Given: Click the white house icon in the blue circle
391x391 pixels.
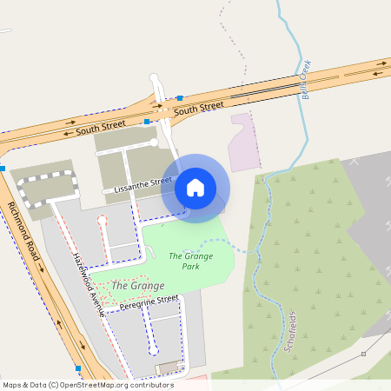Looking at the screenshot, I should [195, 188].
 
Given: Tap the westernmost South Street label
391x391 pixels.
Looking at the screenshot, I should [95, 129].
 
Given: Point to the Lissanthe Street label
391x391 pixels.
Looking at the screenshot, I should [138, 184].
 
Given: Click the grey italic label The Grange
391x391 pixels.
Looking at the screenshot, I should [132, 285].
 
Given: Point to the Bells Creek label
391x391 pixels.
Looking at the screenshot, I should [306, 80].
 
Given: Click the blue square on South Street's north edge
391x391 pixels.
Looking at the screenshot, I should [180, 98].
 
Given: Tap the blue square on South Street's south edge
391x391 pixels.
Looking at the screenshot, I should [148, 123].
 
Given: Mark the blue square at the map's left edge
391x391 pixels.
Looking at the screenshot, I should [3, 168].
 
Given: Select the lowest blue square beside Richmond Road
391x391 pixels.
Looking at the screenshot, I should [78, 368].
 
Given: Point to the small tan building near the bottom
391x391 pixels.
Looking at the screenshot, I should [166, 369].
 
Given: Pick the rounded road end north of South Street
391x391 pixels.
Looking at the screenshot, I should [155, 79].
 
